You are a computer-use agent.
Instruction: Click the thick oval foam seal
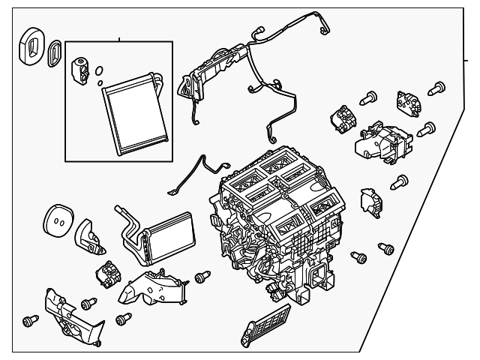coord(31,46)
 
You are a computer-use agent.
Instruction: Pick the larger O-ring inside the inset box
coord(99,73)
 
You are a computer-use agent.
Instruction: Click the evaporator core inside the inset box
coord(132,112)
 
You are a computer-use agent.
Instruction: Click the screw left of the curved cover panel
coord(30,321)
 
